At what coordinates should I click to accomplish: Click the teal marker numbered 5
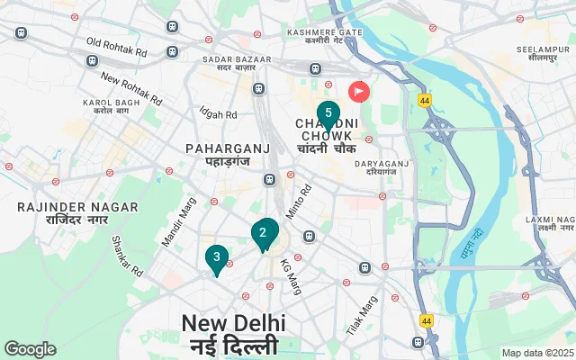[x=328, y=114]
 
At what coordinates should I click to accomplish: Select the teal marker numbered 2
[x=263, y=233]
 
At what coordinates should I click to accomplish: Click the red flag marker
[x=360, y=91]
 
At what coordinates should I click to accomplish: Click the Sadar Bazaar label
[x=232, y=64]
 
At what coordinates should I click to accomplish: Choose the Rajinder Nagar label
[x=77, y=213]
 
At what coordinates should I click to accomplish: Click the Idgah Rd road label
[x=218, y=115]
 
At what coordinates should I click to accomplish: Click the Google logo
[x=30, y=349]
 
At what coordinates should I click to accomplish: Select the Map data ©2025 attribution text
[x=536, y=353]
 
